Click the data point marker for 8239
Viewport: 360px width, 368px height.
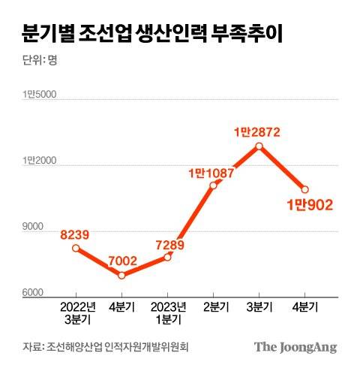click(x=76, y=248)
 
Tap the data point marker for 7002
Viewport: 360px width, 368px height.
click(x=121, y=275)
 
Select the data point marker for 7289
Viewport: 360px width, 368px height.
click(x=167, y=257)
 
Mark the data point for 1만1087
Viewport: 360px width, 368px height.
click(x=214, y=185)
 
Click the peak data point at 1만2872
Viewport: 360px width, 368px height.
click(x=259, y=146)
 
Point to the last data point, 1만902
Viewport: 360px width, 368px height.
click(x=305, y=189)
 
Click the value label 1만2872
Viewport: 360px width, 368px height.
click(x=257, y=131)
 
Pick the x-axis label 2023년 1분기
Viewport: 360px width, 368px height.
click(x=167, y=312)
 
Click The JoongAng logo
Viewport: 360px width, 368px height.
click(x=295, y=346)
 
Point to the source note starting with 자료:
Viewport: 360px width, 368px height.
click(x=106, y=347)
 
